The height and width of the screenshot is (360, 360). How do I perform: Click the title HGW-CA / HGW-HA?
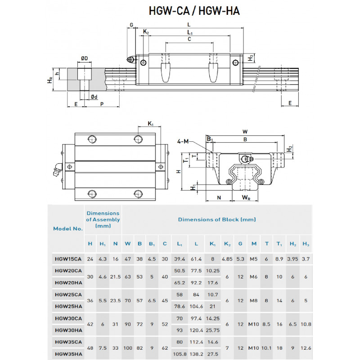194,11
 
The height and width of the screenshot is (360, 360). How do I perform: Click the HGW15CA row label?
68,259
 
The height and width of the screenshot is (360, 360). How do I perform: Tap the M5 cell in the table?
254,259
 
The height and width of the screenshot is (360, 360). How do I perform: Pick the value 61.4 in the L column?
195,259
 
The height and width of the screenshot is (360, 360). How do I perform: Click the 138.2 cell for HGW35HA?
195,354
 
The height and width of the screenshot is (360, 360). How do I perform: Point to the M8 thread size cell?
254,300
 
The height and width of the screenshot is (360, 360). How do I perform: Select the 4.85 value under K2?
227,259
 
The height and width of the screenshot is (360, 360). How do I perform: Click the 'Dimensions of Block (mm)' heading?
216,220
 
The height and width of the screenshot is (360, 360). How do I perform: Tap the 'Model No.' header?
68,228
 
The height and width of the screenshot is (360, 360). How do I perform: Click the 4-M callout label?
183,142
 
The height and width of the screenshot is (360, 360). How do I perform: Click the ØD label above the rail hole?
84,58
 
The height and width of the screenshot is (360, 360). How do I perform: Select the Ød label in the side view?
94,97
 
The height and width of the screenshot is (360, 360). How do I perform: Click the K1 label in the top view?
151,124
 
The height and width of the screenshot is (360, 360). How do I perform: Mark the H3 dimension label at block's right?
251,58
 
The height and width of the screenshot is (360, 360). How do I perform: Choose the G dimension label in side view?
131,24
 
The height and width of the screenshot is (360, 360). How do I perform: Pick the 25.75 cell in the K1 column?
212,330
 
